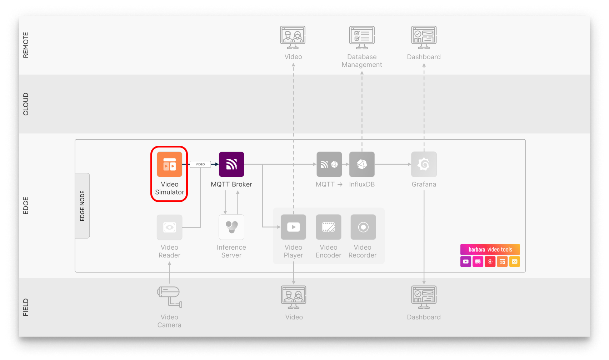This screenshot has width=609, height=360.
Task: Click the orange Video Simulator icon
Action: tap(169, 164)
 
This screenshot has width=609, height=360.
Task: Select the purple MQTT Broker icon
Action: tap(231, 164)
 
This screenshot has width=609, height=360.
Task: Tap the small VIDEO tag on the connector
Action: tap(200, 164)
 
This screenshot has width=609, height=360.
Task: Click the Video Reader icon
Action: tap(169, 227)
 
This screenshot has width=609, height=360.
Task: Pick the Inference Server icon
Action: tap(231, 227)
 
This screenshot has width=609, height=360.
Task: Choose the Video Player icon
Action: tap(293, 227)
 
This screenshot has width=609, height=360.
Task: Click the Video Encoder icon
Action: tap(328, 227)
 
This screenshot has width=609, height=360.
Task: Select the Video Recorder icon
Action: tap(363, 227)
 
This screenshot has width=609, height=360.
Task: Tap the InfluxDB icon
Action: tap(362, 164)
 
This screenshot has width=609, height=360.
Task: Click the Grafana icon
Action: tap(424, 164)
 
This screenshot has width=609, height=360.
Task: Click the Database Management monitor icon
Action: tap(362, 37)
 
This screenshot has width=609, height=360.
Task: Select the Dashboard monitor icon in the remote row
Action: tap(424, 37)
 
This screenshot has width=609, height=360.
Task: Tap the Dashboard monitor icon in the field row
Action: tap(424, 297)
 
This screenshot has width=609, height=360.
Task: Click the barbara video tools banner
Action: tap(490, 249)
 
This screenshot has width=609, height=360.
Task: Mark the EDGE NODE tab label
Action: tap(83, 206)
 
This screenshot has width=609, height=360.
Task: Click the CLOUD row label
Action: tap(26, 104)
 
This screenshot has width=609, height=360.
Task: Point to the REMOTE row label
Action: tap(26, 45)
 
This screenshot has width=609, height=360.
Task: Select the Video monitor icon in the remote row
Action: tap(293, 37)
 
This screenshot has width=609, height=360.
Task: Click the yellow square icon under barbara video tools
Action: tap(514, 261)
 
